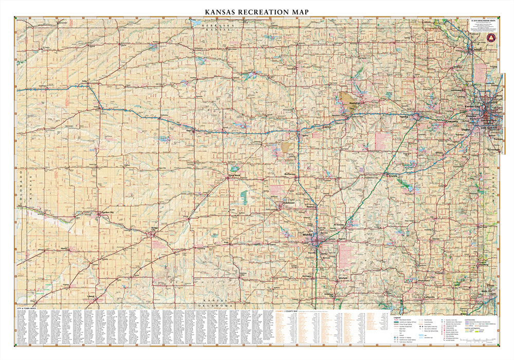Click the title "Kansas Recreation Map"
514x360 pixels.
(x=257, y=11)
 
